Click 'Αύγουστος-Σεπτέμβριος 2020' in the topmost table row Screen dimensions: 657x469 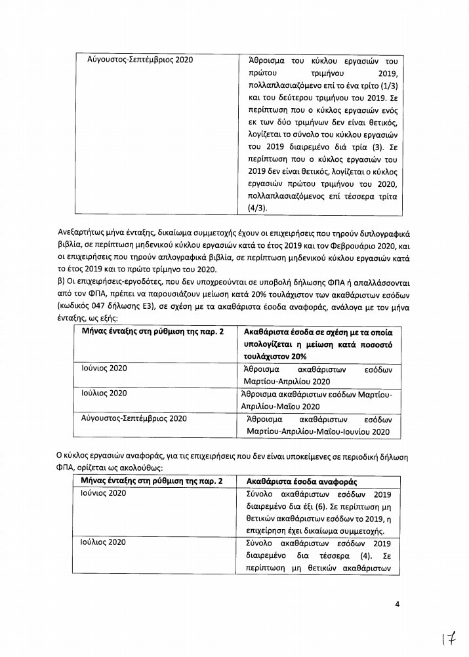[x=138, y=60]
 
